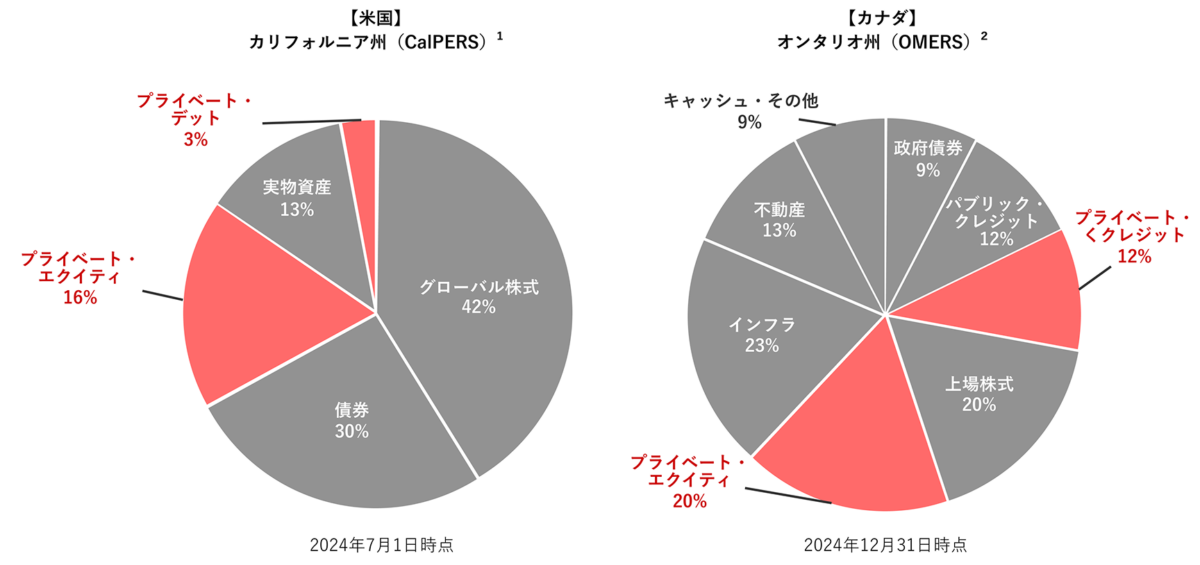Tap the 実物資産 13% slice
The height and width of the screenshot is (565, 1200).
(297, 198)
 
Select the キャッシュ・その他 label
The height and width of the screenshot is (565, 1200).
(741, 101)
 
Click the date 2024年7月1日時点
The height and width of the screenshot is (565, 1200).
(381, 545)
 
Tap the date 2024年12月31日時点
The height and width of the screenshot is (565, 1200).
(885, 545)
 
